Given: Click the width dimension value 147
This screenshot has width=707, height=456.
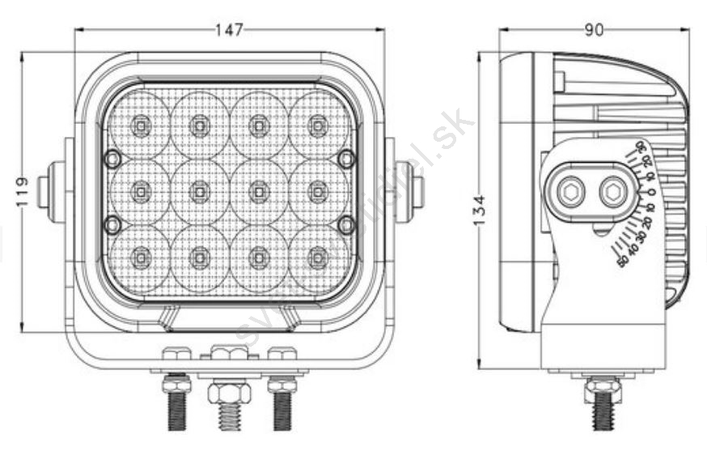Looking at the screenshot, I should coord(229,31).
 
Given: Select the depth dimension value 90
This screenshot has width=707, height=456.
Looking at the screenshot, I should coord(594,31).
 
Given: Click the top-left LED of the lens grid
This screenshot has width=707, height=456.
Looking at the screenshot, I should coord(141,125).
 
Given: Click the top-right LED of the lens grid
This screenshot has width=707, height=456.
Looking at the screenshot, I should coord(318,125).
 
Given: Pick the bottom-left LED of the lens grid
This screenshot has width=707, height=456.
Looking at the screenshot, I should coord(141,258).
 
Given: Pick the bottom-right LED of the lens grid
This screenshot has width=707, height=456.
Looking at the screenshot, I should coord(318,258).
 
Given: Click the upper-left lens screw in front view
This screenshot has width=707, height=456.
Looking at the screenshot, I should coord(113,158).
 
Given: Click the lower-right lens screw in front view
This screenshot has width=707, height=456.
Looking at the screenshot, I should coord(346,224).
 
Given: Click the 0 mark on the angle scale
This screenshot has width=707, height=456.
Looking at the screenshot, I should coord(651,193).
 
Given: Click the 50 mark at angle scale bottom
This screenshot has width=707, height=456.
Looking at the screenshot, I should coord(622,262).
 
